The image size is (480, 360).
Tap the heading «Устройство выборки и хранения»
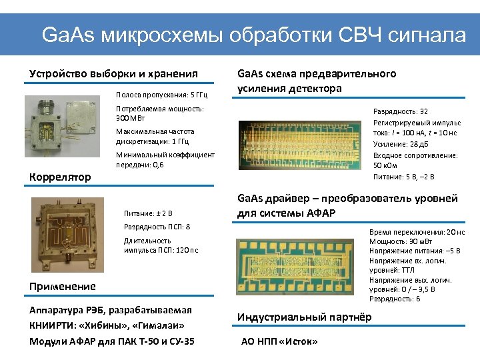click(114, 73)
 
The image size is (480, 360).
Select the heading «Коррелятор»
click(60, 177)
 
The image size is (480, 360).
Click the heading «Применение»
click(63, 286)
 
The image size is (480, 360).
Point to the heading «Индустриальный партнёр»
click(305, 317)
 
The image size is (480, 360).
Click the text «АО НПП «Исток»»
click(279, 342)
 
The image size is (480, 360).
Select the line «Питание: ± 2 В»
click(148, 213)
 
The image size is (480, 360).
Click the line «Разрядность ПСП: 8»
click(157, 227)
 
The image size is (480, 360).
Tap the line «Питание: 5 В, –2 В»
click(404, 177)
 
